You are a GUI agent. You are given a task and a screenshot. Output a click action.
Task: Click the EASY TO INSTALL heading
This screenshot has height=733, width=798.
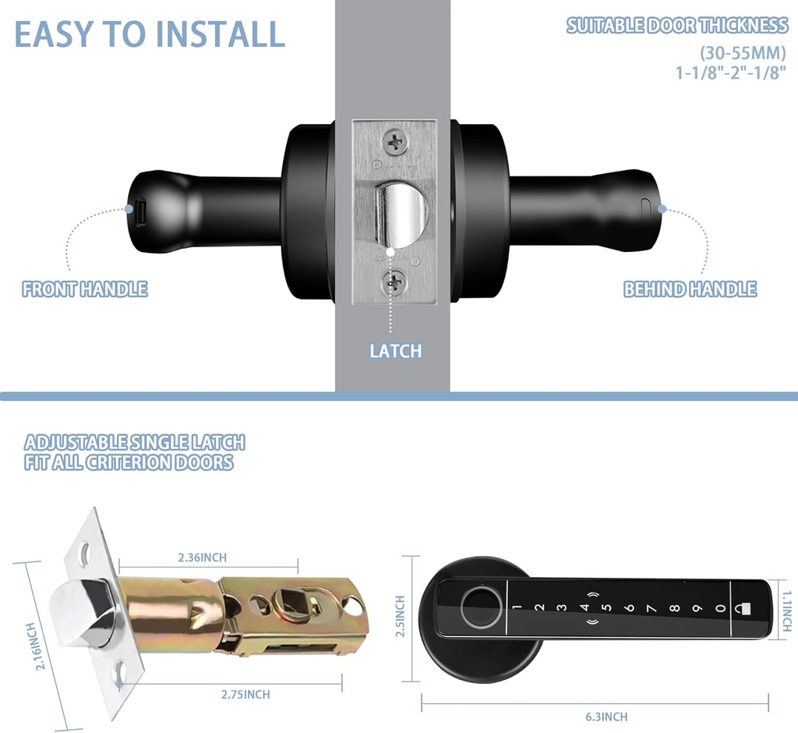[x=150, y=35]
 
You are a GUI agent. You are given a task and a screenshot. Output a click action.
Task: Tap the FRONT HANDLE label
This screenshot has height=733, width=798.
[x=85, y=289]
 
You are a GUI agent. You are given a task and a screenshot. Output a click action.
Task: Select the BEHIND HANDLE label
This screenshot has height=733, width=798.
[x=690, y=289]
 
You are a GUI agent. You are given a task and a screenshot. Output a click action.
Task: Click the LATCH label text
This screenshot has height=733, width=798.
[x=395, y=351]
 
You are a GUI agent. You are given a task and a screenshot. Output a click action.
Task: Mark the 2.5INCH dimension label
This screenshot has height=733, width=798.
[x=401, y=616]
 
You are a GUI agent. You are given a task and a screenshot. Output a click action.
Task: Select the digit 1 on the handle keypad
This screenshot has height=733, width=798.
[x=517, y=608]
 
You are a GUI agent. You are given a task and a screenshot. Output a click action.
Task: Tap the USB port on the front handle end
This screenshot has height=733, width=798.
[x=141, y=210]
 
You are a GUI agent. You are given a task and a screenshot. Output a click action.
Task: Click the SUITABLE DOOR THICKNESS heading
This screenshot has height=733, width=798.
[x=676, y=26]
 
